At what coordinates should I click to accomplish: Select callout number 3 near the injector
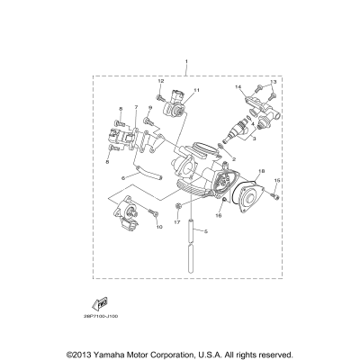point(255,139)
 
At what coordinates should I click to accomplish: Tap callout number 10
point(135,227)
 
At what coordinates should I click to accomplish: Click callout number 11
point(196,91)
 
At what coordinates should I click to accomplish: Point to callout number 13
point(274,82)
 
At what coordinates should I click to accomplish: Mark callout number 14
point(240,87)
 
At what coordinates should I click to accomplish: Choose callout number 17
point(178,221)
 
